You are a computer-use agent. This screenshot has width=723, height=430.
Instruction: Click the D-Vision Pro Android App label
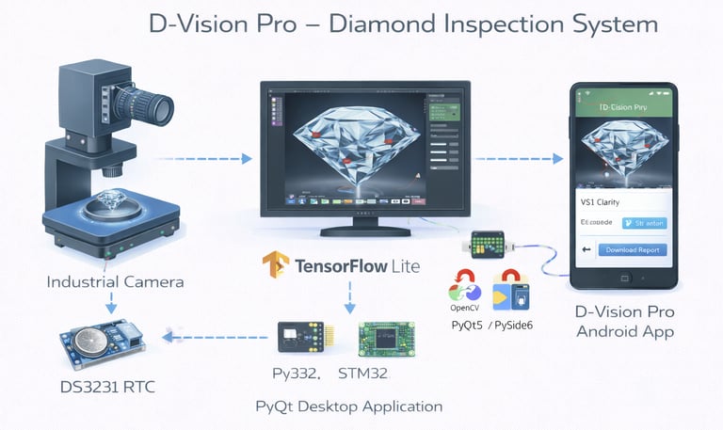click(x=624, y=322)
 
